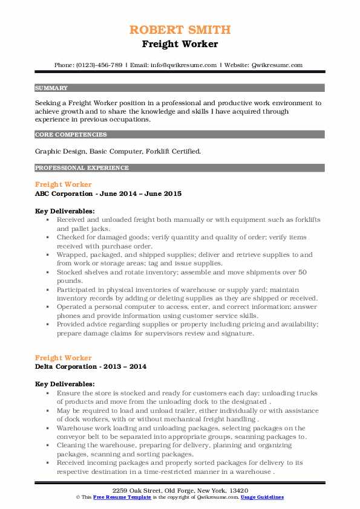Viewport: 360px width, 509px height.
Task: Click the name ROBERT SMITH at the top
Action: point(180,30)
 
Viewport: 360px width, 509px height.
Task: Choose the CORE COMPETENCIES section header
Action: point(71,135)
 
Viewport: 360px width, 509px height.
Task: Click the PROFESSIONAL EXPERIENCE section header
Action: point(82,167)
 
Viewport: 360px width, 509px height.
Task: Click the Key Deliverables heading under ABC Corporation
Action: point(65,211)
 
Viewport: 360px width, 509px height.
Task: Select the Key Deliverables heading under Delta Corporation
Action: point(65,384)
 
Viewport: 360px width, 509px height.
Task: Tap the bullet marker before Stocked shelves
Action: point(47,273)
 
